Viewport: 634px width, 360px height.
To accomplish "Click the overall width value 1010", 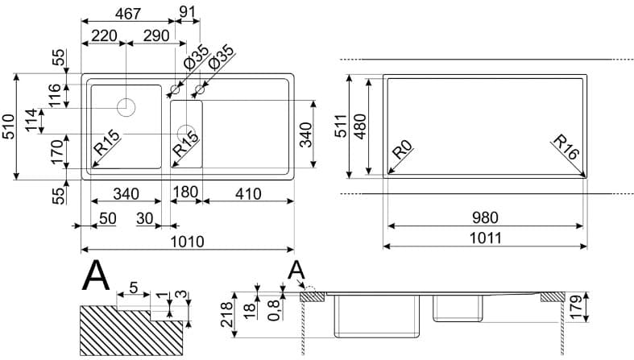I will pos(187,241).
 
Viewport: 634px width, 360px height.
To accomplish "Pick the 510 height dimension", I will pos(8,126).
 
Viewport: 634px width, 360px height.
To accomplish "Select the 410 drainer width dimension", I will pos(247,193).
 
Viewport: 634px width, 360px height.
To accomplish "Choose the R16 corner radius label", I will pos(567,151).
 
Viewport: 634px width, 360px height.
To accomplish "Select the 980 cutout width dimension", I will pos(486,217).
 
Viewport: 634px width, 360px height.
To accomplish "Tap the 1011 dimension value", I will pos(486,238).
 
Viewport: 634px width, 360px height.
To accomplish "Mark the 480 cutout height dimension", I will pos(360,126).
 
